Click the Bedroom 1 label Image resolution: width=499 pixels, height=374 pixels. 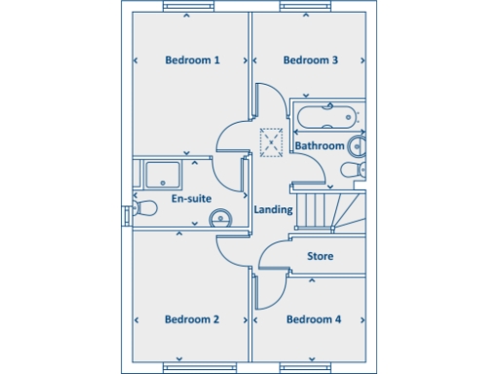191,60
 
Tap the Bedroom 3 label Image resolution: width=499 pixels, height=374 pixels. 310,60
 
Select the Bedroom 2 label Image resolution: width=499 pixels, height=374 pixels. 191,319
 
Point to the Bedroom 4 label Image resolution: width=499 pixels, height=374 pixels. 313,319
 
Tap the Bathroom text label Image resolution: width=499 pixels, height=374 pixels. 320,146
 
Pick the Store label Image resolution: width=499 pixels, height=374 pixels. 321,257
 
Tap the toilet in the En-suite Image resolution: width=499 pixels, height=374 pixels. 145,206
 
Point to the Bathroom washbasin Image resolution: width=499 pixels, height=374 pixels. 357,147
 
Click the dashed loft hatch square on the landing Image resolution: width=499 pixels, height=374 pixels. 270,141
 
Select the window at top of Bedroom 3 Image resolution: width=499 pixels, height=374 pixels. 308,8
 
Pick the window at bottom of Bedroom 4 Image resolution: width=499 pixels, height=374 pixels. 310,367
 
